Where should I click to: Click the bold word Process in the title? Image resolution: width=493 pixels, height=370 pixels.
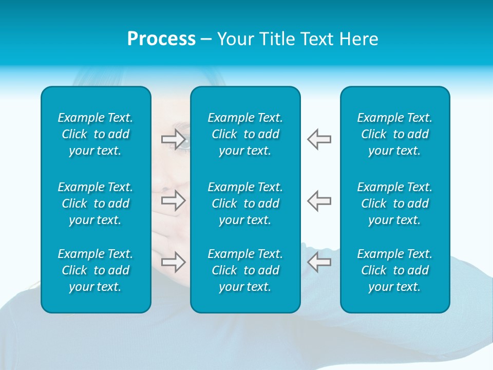coord(161,39)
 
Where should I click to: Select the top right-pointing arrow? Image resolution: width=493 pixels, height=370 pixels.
coord(173,139)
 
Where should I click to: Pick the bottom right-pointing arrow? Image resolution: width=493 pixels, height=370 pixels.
coord(173,262)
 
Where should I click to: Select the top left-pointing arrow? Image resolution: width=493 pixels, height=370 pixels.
coord(319,139)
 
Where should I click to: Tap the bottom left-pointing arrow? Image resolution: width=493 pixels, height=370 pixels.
coord(319,262)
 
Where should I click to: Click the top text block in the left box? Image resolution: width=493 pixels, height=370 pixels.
coord(96,134)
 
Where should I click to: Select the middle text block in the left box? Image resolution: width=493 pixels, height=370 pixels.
coord(96,203)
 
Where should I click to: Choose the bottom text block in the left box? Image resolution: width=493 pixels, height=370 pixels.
coord(96,270)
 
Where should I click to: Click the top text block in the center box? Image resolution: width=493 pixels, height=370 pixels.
coord(245,134)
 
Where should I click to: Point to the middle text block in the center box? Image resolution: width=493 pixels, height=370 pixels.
coord(245,203)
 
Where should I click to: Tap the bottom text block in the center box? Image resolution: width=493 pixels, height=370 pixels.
coord(245,270)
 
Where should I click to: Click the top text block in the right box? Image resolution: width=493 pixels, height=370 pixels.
coord(394,134)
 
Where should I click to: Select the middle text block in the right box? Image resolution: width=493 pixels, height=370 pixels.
coord(394,203)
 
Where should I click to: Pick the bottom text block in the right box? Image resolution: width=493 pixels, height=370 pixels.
coord(394,270)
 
